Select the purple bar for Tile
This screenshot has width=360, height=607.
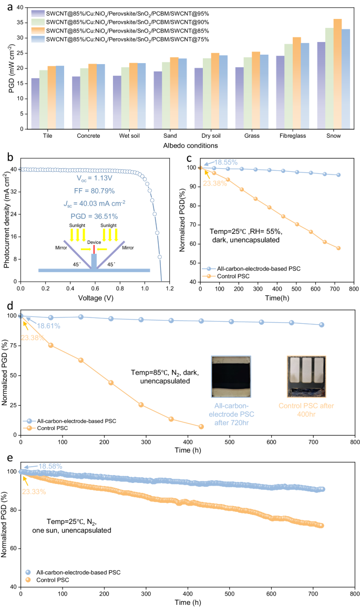[35, 104]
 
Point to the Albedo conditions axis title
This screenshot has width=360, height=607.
[182, 145]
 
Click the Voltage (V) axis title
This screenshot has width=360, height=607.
[90, 297]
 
